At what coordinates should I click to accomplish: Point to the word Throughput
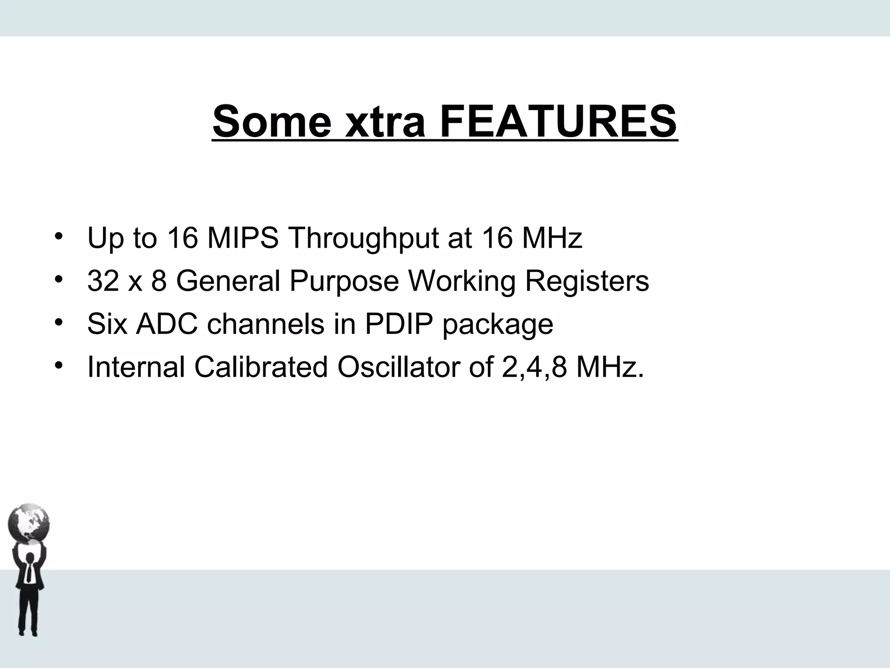[363, 239]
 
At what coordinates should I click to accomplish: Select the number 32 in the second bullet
[103, 281]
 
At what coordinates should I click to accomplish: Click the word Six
[107, 324]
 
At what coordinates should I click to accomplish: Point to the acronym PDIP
[399, 324]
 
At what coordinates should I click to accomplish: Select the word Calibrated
[261, 367]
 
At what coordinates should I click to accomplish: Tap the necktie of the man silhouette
[29, 574]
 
